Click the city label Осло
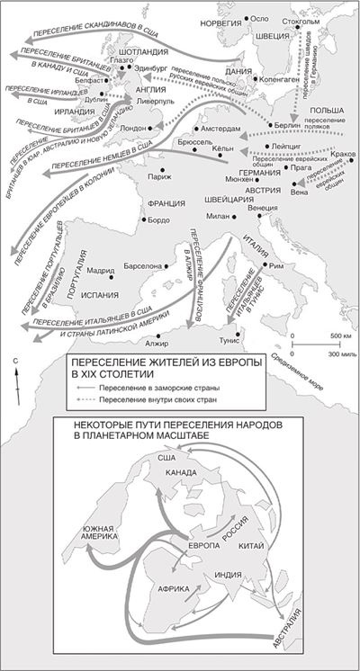coord(261,18)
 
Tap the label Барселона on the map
coord(143,266)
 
